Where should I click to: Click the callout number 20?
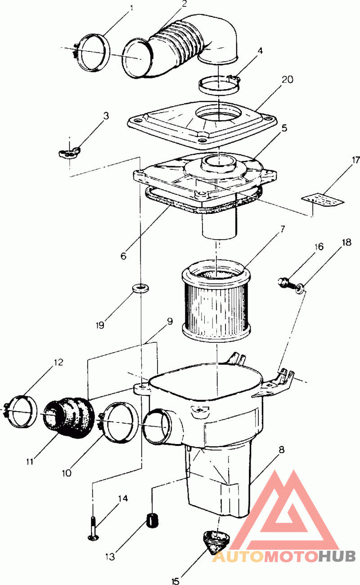click(287, 79)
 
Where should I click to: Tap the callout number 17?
click(355, 160)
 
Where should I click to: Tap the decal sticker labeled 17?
click(323, 200)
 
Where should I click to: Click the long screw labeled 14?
click(94, 528)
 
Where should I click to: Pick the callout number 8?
click(281, 450)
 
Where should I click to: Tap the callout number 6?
click(123, 256)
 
